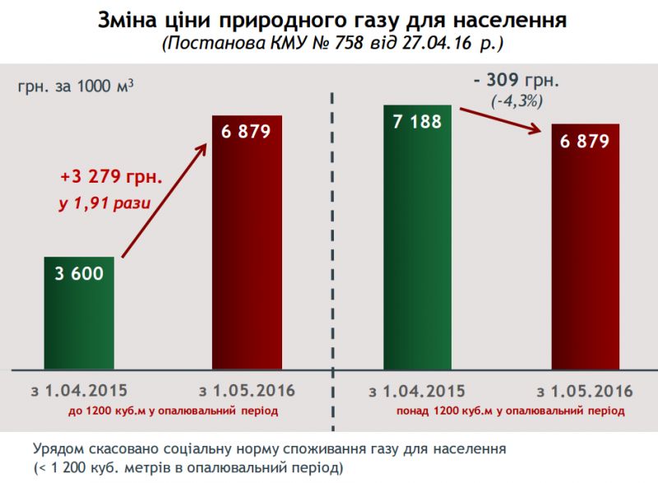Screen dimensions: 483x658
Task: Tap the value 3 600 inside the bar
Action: click(79, 273)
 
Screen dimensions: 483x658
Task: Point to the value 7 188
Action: click(417, 122)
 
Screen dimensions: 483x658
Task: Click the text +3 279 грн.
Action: click(111, 176)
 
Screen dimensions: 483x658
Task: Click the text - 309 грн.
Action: click(516, 81)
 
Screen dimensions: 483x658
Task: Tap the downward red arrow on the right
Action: click(501, 119)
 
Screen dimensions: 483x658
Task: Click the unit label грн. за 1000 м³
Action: click(75, 86)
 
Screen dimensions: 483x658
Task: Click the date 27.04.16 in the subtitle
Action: click(435, 42)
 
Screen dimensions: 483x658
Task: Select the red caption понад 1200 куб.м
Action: click(501, 409)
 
